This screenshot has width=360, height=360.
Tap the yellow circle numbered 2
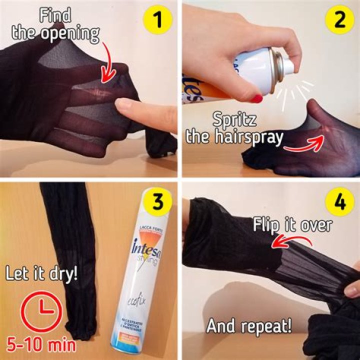[x=338, y=21]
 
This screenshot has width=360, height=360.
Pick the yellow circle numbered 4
[x=338, y=202]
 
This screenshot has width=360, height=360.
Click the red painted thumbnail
[x=257, y=98]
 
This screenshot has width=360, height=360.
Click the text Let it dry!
[x=41, y=273]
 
